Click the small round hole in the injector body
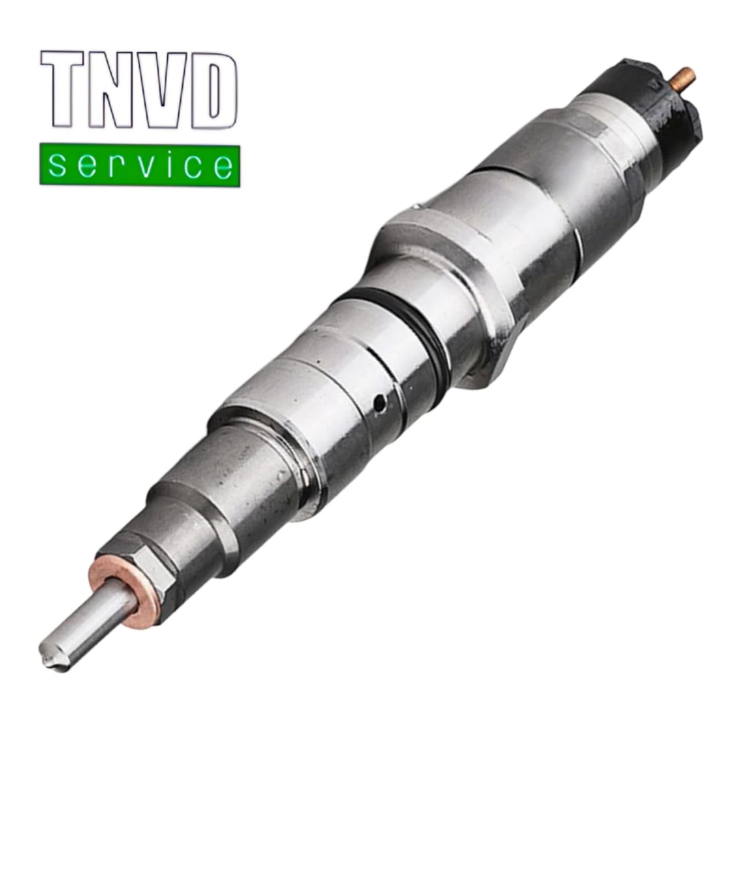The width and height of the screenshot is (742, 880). pyautogui.click(x=379, y=404)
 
